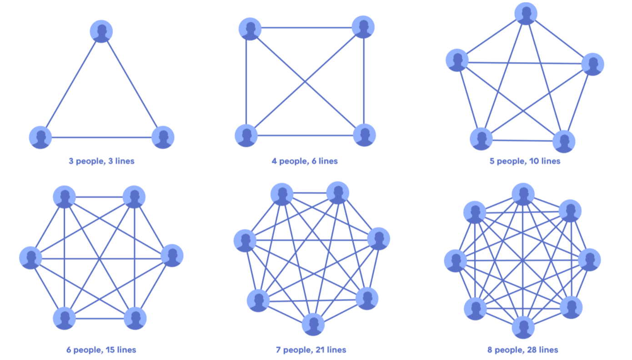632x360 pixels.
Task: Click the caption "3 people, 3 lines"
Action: tap(101, 161)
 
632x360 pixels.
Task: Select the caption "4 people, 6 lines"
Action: tap(305, 161)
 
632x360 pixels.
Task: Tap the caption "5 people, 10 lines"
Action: tap(525, 161)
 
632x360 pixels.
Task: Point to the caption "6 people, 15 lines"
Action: tap(100, 350)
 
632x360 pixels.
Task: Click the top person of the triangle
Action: tap(101, 31)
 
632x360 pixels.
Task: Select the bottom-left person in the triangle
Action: tap(40, 137)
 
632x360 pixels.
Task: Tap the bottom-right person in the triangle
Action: tap(163, 137)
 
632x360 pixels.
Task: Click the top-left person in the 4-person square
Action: tap(250, 29)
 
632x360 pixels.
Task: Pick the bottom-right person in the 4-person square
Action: tap(364, 135)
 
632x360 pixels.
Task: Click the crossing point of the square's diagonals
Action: tap(305, 82)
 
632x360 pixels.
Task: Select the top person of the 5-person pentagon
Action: tap(526, 13)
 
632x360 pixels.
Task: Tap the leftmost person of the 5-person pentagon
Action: tap(457, 60)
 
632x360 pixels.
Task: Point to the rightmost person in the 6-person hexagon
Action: tap(172, 255)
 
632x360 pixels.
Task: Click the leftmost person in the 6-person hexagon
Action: tap(30, 258)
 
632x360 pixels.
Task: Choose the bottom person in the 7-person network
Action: tap(313, 325)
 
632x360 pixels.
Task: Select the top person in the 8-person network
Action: tap(523, 194)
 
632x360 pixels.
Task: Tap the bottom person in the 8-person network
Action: tap(523, 327)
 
